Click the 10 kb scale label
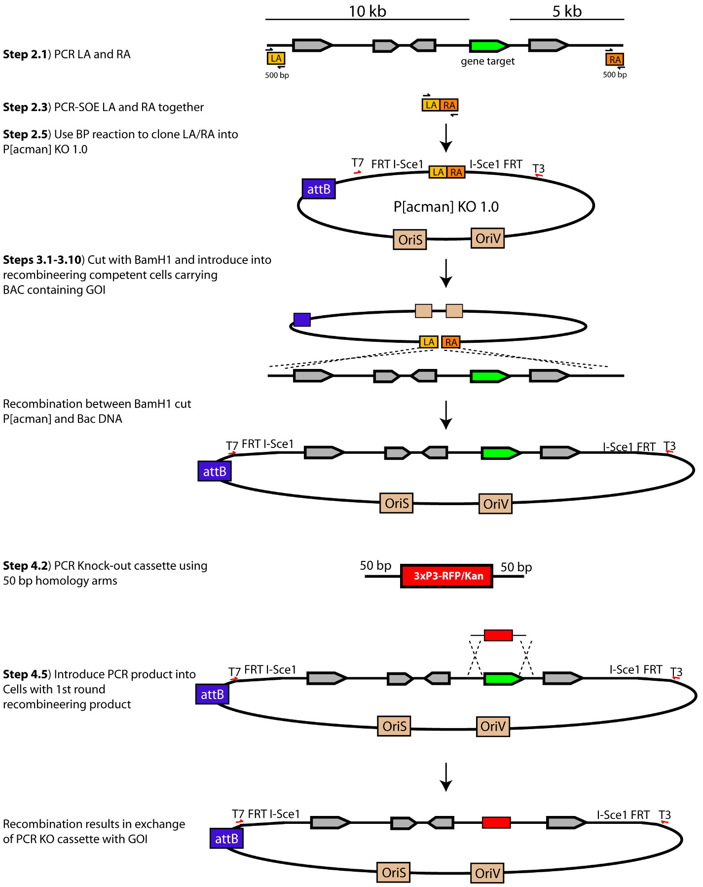(x=368, y=11)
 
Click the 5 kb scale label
(x=567, y=11)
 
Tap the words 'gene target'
(x=487, y=61)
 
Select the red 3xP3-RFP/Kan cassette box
(x=446, y=576)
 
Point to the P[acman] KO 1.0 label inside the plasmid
(x=446, y=206)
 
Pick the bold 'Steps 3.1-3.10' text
(x=42, y=260)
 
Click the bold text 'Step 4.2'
(x=25, y=566)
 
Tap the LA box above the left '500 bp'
(x=276, y=58)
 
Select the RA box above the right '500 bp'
(x=615, y=60)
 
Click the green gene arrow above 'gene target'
(x=488, y=46)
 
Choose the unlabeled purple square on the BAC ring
(x=302, y=320)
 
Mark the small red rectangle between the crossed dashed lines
(x=498, y=635)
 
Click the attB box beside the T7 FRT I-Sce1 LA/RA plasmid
(x=319, y=189)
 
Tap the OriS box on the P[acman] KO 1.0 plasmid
(x=410, y=239)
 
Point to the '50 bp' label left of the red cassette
(x=375, y=565)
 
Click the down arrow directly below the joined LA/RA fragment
(x=446, y=138)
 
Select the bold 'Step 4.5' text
(x=25, y=674)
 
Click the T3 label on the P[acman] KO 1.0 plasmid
(x=539, y=168)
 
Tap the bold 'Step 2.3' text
(x=25, y=107)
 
